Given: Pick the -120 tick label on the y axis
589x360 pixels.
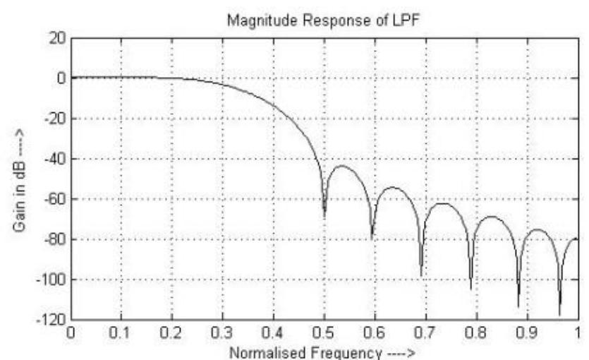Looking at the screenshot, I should [49, 320].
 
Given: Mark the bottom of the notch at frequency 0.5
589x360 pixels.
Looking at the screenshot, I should [324, 215].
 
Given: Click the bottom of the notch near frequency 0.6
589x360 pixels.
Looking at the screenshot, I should [372, 239].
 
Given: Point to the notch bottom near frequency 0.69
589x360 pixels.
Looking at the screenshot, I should [421, 276].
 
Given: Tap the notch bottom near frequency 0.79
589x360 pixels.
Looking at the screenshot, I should [470, 289].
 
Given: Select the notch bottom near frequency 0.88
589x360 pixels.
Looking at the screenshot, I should [518, 306].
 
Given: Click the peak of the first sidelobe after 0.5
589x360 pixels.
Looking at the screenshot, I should [341, 167].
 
